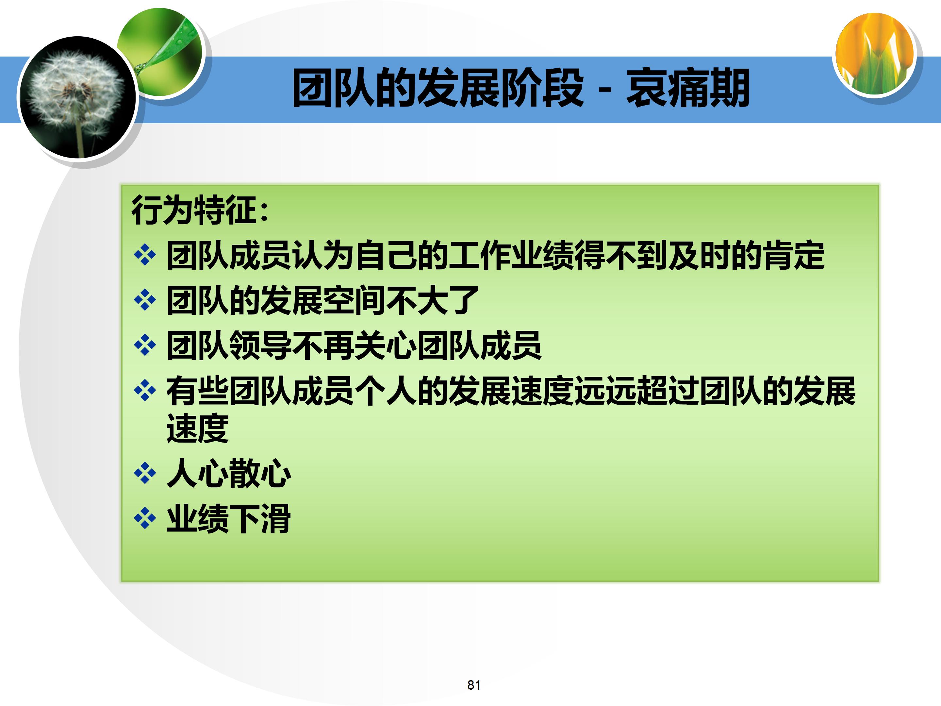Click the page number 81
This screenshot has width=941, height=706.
tap(473, 685)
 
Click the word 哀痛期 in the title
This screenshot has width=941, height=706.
tap(687, 88)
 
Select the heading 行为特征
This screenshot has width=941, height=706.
tap(193, 210)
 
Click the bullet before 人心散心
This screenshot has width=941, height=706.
tap(145, 473)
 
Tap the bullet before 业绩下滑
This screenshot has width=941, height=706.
tap(145, 518)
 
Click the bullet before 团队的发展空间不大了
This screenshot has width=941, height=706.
tap(145, 300)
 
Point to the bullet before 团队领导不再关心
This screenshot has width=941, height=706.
tap(145, 345)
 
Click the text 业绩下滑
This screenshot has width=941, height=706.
tap(228, 519)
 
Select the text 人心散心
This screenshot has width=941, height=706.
tap(228, 473)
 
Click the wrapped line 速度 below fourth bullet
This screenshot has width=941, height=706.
tap(197, 428)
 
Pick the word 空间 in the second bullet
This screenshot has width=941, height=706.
tap(354, 300)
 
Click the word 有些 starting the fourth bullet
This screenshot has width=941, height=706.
tap(197, 391)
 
